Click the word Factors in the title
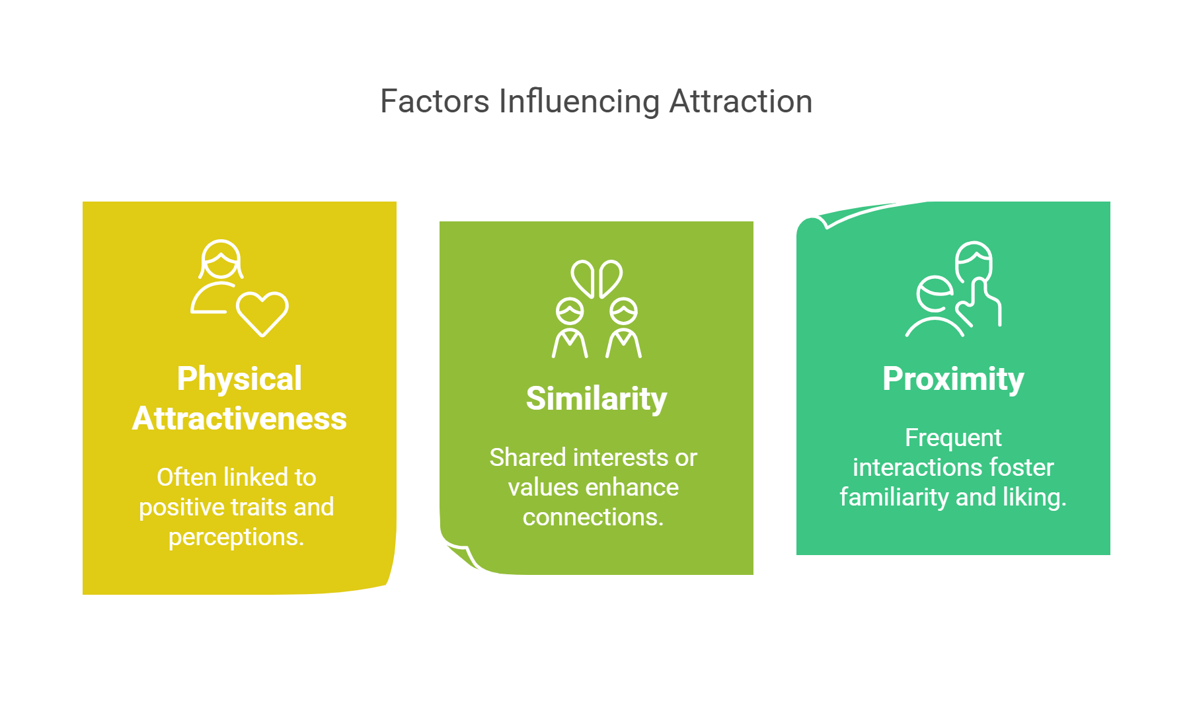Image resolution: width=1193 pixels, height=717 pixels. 434,102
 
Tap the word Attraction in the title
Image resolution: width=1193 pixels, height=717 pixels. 740,102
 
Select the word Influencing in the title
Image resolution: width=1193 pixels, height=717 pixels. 579,102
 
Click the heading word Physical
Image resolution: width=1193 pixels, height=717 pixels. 239,379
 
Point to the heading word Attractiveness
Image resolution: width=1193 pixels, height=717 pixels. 239,419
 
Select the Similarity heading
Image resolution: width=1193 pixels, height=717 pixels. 596,399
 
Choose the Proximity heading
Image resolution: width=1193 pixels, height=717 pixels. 953,379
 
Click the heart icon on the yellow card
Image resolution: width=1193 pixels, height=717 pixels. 262,313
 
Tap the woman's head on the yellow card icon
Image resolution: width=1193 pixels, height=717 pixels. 221,259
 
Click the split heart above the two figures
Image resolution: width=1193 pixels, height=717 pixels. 596,278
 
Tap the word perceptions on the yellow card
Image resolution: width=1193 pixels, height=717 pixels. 236,537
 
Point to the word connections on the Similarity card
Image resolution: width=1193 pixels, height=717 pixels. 593,517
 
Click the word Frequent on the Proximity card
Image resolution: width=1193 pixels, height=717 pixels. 953,437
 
